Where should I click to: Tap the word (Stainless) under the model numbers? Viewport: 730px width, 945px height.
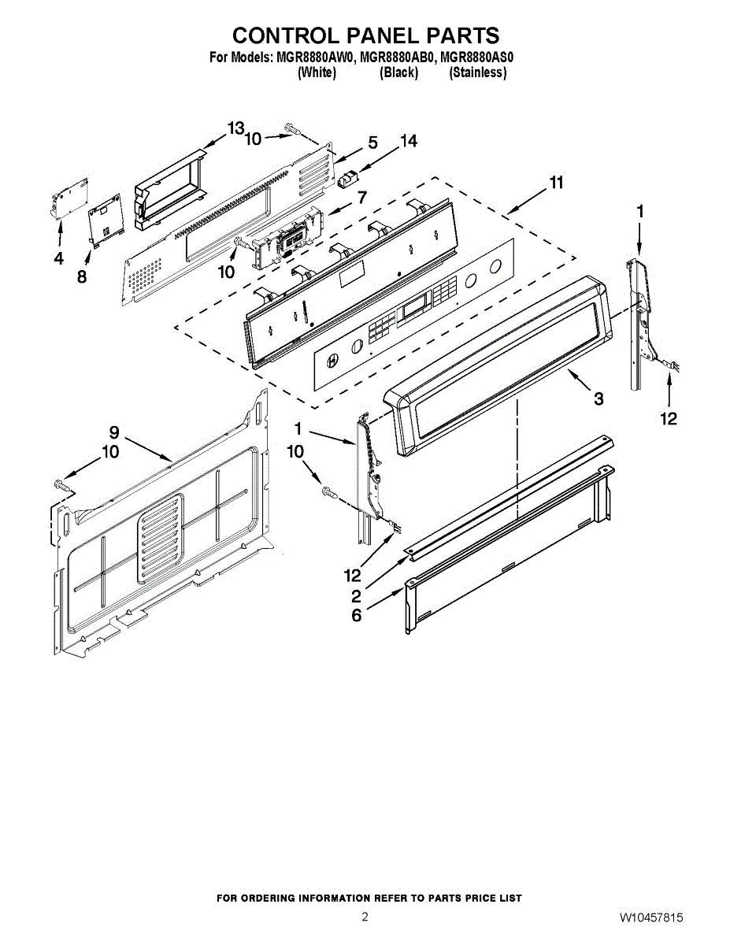[x=477, y=72]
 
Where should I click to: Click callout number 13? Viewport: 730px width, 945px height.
[x=236, y=128]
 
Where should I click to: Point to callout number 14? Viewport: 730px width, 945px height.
[x=408, y=142]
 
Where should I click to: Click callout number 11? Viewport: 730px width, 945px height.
[x=556, y=183]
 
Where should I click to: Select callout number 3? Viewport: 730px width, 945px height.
[x=598, y=399]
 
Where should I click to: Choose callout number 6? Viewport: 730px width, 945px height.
[x=357, y=615]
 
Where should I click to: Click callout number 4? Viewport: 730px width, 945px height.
[x=58, y=258]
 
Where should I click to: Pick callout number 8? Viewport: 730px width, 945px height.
[x=82, y=277]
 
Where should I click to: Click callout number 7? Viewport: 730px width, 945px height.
[x=361, y=198]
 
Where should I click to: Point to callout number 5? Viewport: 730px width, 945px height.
[x=372, y=143]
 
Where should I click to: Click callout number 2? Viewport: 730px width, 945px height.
[x=357, y=596]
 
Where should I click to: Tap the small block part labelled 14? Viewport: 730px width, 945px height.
[x=347, y=179]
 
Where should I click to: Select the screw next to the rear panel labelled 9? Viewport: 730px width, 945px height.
[x=62, y=486]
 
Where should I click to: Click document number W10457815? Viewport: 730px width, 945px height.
[x=650, y=918]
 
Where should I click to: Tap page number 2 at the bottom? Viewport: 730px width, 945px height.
[x=365, y=917]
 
